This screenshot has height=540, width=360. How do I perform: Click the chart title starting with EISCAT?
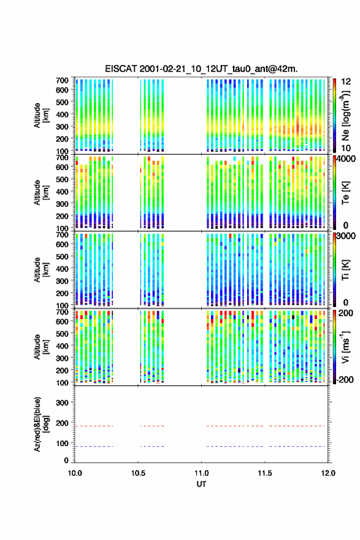(201, 69)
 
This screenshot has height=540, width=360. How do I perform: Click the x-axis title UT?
(201, 484)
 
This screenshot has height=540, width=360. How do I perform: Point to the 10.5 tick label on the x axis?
(138, 473)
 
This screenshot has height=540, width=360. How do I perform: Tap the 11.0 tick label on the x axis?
(201, 473)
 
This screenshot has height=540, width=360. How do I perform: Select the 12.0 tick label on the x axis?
(328, 473)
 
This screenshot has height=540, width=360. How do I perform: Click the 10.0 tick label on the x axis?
(75, 473)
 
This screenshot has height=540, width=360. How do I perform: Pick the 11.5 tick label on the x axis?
(265, 473)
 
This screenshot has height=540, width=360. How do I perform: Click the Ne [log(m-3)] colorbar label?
(345, 115)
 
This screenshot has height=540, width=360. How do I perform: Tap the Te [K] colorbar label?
(345, 193)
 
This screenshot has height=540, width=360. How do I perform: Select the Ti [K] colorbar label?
(345, 270)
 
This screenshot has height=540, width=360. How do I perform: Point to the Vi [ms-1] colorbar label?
(345, 347)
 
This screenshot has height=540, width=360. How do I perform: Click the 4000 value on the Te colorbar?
(345, 159)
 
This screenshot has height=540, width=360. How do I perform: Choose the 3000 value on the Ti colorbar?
(346, 236)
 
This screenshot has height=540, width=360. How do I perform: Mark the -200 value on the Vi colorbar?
(345, 379)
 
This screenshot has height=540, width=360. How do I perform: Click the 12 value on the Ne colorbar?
(347, 82)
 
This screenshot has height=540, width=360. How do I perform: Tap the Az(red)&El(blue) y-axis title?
(42, 424)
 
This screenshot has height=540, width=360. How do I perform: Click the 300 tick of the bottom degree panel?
(63, 403)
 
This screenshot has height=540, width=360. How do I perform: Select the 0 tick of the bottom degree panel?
(66, 460)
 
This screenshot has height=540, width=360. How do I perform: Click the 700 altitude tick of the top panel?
(63, 80)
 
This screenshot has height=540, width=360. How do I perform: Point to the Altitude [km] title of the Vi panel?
(42, 347)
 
